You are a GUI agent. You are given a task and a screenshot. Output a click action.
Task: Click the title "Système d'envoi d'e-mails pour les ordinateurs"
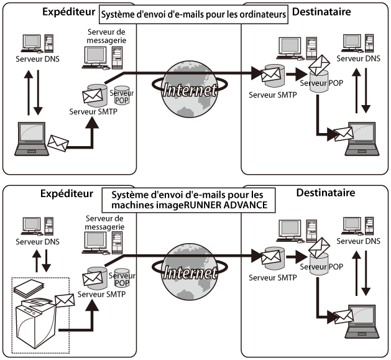(x=195, y=14)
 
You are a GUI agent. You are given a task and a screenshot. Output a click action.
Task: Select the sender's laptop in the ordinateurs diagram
(x=32, y=138)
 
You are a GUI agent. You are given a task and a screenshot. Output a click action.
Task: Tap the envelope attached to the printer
(x=64, y=302)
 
